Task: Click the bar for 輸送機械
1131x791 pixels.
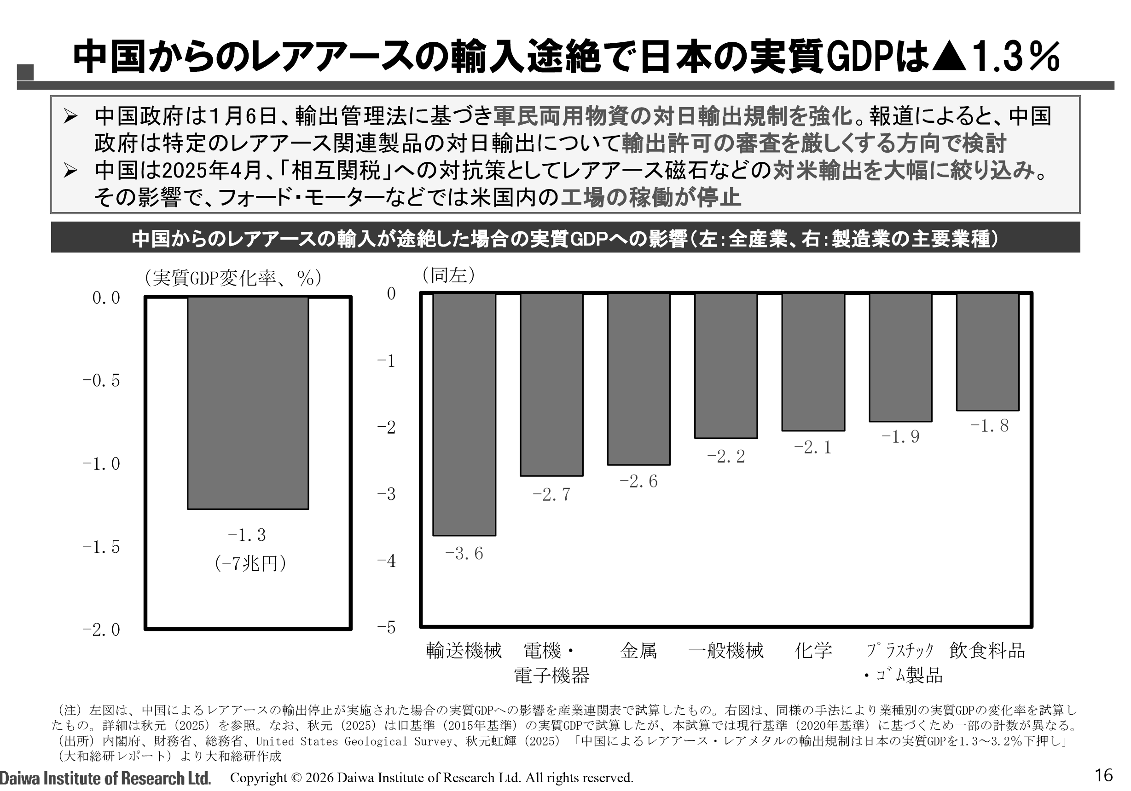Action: pyautogui.click(x=464, y=414)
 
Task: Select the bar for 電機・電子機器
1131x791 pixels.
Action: pyautogui.click(x=552, y=384)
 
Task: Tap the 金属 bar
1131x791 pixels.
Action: pyautogui.click(x=638, y=379)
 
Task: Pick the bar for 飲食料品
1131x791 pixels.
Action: pyautogui.click(x=987, y=351)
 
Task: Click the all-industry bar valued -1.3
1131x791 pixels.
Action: pyautogui.click(x=248, y=403)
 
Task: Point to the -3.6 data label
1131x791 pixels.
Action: pyautogui.click(x=464, y=554)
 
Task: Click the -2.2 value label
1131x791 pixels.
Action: pyautogui.click(x=725, y=457)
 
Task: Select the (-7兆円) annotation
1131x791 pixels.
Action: pyautogui.click(x=250, y=563)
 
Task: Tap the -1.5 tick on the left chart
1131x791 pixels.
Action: pyautogui.click(x=101, y=547)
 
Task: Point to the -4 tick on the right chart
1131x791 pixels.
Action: pyautogui.click(x=387, y=561)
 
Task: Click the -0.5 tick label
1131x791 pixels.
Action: pyautogui.click(x=101, y=380)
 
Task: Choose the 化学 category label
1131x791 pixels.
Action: pyautogui.click(x=813, y=651)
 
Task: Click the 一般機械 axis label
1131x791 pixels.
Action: pyautogui.click(x=725, y=651)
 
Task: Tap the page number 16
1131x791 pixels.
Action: pyautogui.click(x=1103, y=775)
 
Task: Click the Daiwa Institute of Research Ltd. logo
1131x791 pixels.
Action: pyautogui.click(x=105, y=778)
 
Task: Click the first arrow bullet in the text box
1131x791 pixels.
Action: pyautogui.click(x=70, y=117)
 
